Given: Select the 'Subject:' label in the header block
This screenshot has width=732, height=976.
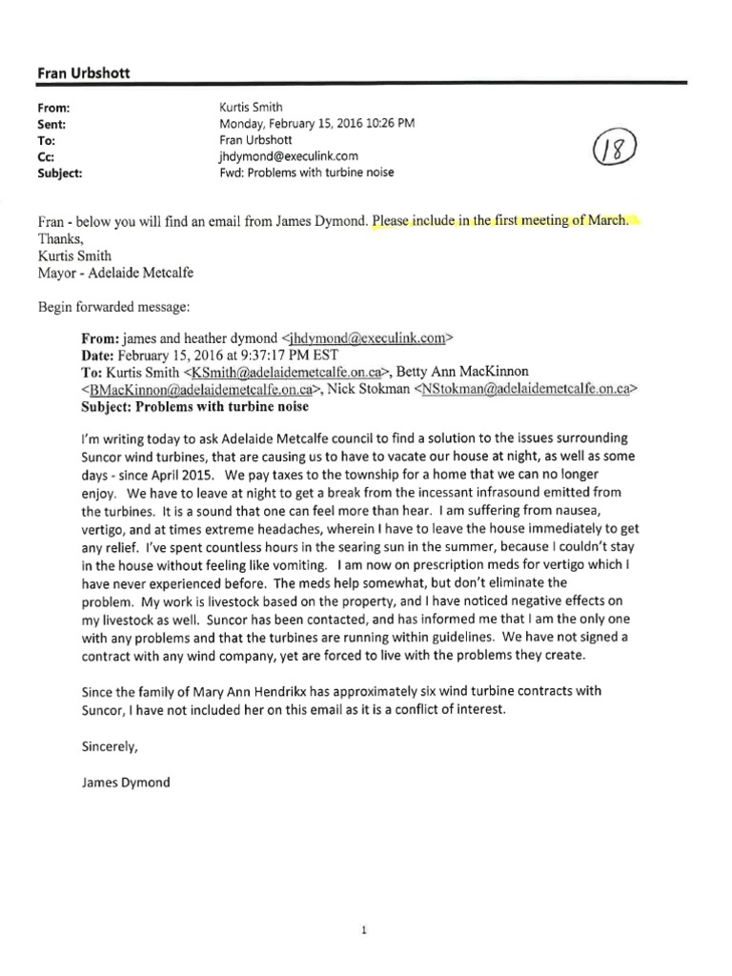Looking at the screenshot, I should click(58, 173).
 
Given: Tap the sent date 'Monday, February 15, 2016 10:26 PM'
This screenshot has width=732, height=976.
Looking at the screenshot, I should click(317, 124).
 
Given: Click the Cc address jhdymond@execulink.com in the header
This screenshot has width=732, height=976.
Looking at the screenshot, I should click(288, 156).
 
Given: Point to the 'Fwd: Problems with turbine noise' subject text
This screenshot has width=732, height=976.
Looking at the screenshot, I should click(306, 173).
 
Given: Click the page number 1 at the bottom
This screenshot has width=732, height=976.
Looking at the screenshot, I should click(364, 905).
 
